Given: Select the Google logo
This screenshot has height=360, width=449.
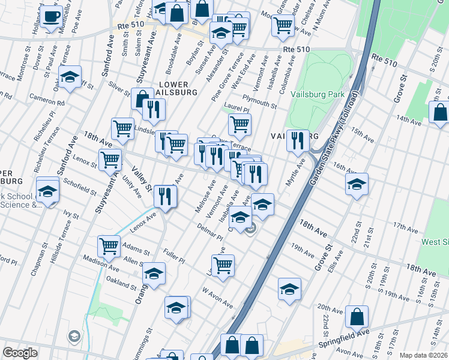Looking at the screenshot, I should click(20, 353).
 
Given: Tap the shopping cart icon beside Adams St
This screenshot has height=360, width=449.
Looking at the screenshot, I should click(109, 245).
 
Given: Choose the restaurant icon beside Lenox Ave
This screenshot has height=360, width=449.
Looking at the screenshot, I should click(164, 196).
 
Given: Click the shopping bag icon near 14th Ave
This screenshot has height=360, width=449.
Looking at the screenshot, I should click(440, 112).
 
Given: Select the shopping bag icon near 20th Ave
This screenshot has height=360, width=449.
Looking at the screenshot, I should click(357, 316).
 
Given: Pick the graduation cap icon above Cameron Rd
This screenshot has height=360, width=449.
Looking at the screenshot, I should click(70, 77).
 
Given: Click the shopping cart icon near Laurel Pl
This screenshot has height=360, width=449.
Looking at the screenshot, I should click(239, 125).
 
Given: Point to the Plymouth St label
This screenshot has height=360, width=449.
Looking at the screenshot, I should click(259, 104).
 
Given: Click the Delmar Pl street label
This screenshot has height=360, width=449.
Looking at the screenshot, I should click(210, 232).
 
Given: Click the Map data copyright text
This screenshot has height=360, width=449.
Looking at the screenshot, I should click(423, 355).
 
